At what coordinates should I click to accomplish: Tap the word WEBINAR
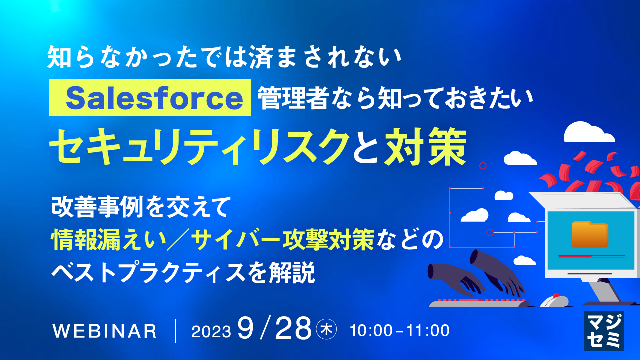(104, 331)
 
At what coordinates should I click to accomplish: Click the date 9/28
(274, 328)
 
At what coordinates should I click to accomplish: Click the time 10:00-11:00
(400, 331)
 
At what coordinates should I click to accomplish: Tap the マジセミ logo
(603, 330)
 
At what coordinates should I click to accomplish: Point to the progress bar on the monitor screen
(591, 257)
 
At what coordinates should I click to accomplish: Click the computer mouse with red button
(554, 301)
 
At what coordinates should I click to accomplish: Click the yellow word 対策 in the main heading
(425, 147)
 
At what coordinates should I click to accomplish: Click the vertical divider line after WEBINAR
(176, 331)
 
